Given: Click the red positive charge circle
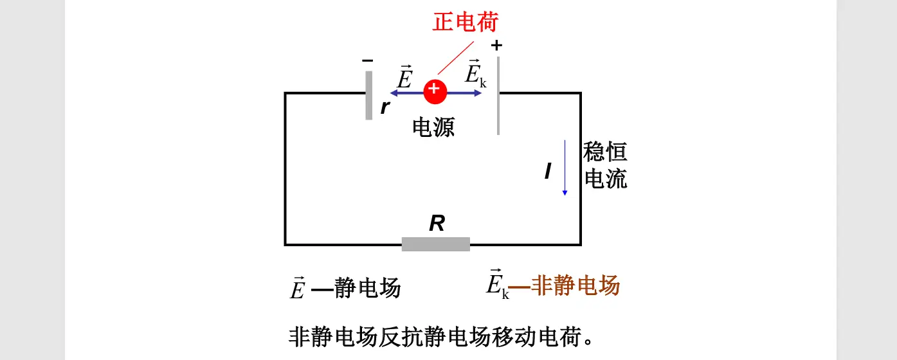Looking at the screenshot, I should point(435,92).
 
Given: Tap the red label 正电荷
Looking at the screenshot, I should point(466,22).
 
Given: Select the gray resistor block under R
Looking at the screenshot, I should point(435,244).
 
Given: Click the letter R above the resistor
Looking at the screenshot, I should point(437,224).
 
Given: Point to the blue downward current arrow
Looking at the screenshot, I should point(565,167).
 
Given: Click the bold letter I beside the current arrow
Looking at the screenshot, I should point(548,171).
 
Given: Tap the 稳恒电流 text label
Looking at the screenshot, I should point(604,165).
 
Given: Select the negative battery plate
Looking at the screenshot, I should point(368,95).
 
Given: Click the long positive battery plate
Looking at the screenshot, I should point(498,95).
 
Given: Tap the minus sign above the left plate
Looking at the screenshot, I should point(367,60).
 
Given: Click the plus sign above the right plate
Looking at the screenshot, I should point(496,46).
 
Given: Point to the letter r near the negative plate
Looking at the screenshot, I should point(385,107).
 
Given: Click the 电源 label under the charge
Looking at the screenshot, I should point(433,127).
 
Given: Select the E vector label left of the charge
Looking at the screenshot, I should point(404,78).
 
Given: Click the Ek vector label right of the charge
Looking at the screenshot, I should point(475,73).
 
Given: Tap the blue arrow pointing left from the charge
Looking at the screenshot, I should point(405,93).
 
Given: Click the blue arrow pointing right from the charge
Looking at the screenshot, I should point(465,93).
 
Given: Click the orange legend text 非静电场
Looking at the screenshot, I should point(575,285).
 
